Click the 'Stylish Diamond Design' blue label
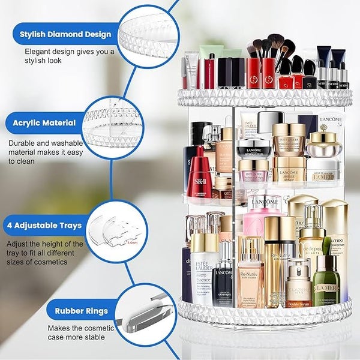coord(65,34)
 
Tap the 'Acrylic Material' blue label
coord(44,123)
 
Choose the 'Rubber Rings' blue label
coord(81,311)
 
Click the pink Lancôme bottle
coord(263,222)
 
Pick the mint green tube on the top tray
coord(211,53)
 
